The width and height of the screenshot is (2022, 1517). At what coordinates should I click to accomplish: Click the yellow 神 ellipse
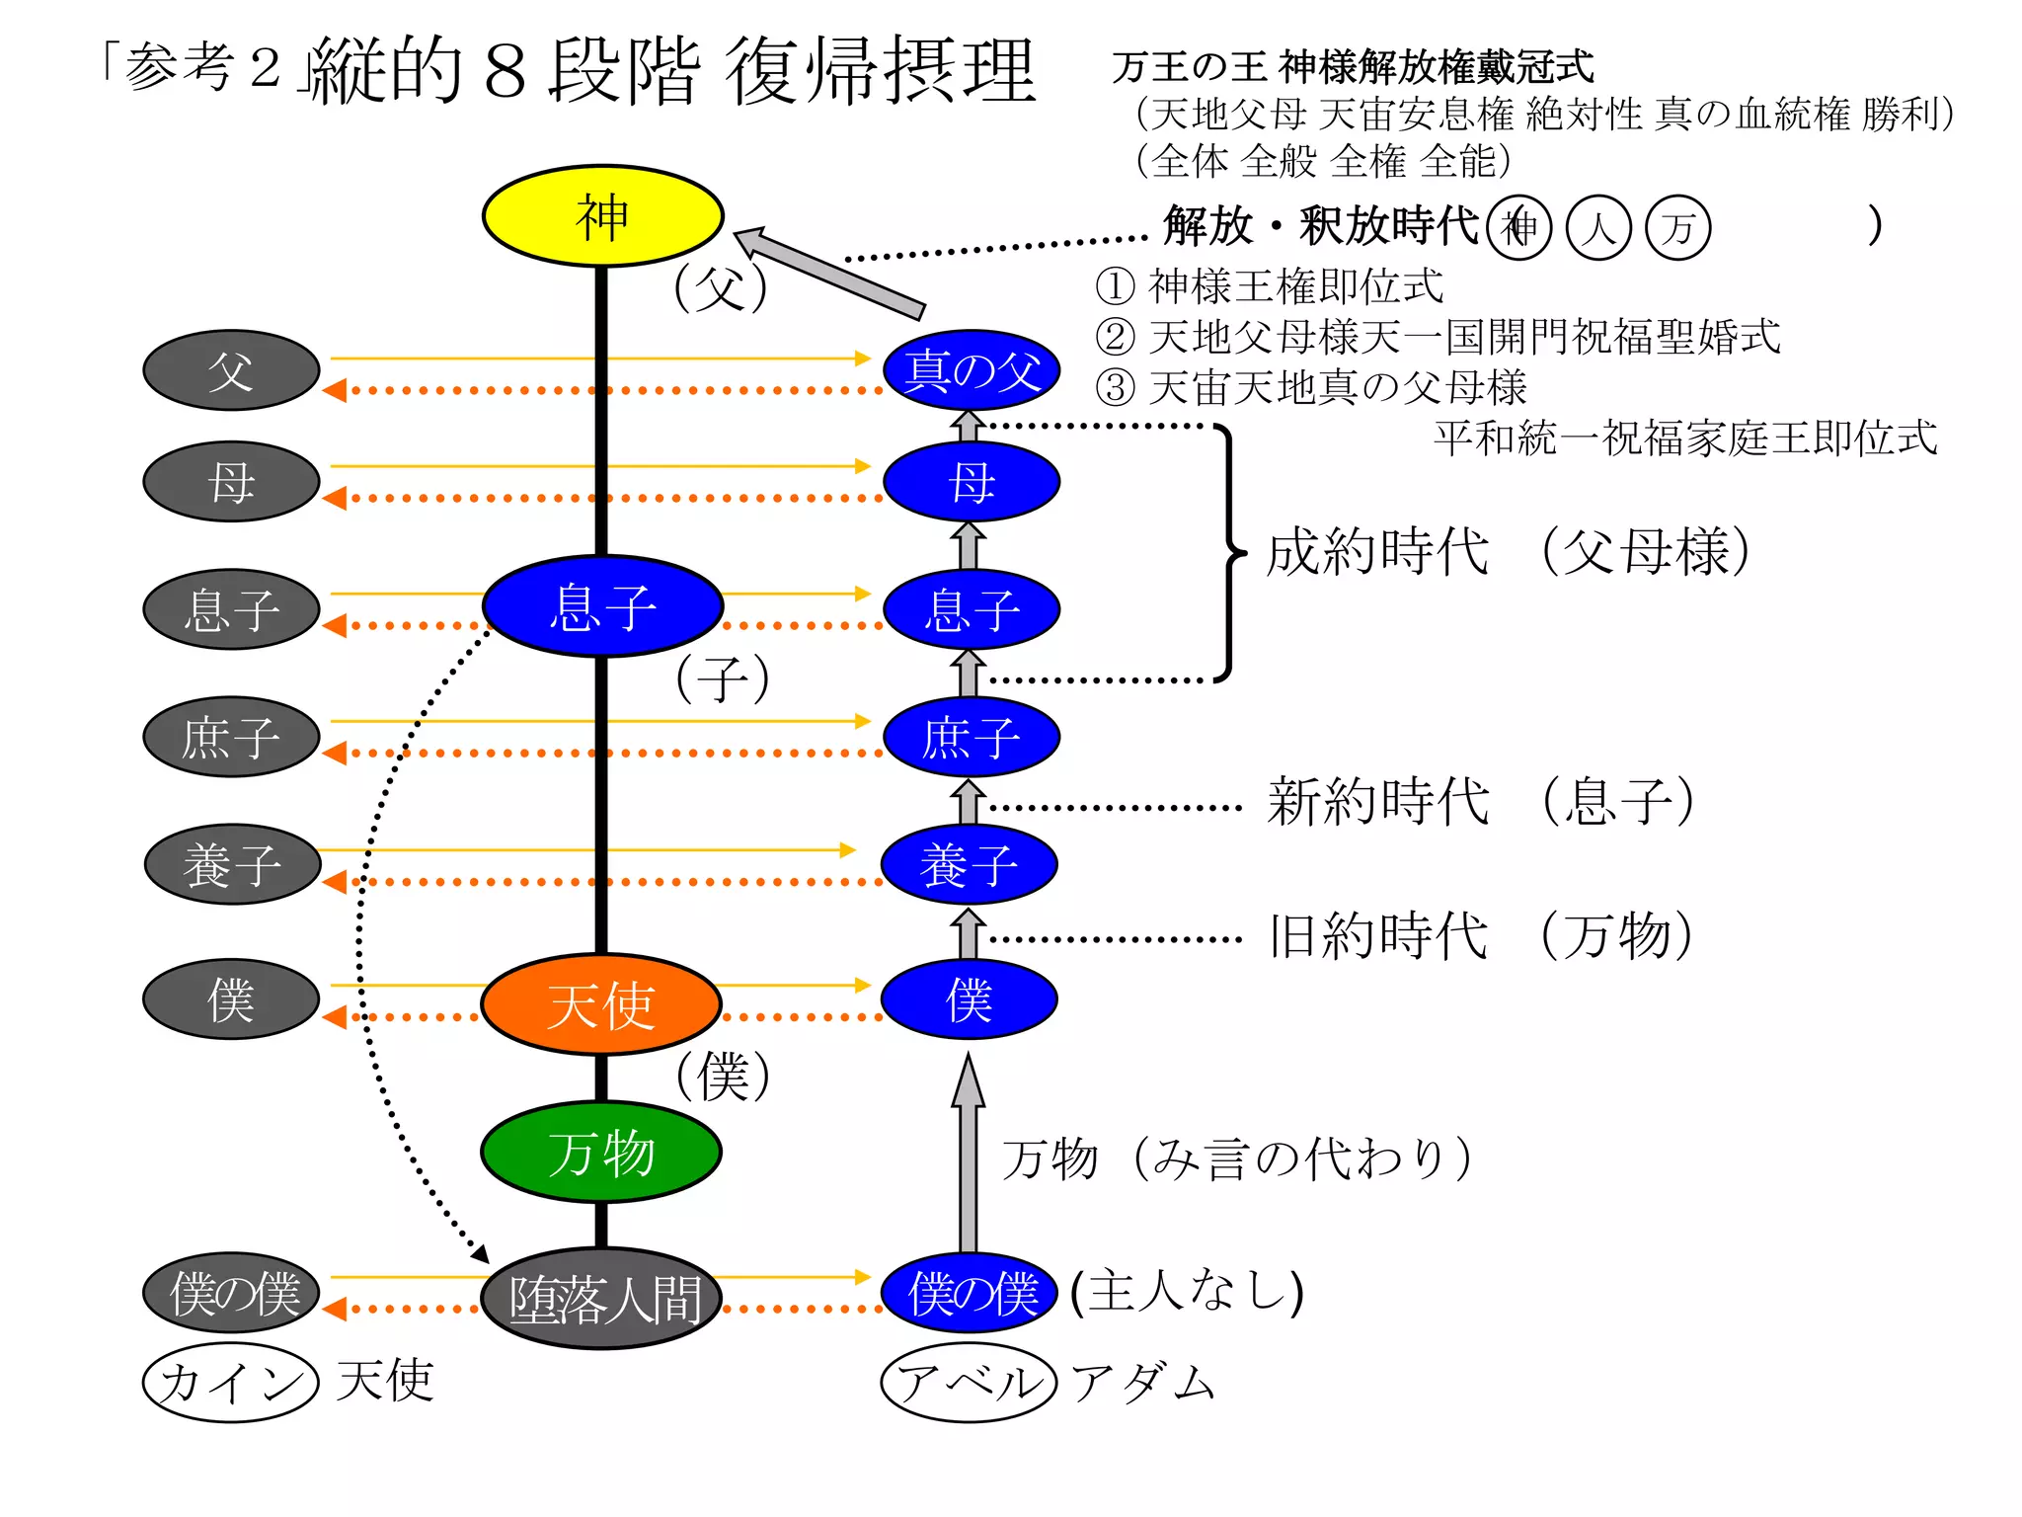tap(602, 216)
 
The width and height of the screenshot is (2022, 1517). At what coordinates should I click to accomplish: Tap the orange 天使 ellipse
tap(601, 1004)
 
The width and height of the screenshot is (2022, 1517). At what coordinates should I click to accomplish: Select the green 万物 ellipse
tap(601, 1152)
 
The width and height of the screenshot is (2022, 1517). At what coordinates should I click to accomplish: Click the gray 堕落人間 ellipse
tap(601, 1298)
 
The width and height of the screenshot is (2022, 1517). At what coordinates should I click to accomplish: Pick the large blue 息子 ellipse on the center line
tap(602, 606)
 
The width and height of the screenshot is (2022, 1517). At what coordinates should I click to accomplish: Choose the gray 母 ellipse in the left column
tap(231, 482)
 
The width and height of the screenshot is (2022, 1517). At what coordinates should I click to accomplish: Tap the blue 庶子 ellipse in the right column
tap(972, 737)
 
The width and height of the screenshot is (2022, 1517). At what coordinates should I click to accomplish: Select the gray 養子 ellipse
tap(232, 864)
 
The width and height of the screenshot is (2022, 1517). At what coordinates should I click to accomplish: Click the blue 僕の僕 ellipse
tap(970, 1293)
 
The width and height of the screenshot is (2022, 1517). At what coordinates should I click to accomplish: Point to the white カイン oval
tap(231, 1382)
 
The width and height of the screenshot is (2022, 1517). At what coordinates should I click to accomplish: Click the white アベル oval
tap(969, 1382)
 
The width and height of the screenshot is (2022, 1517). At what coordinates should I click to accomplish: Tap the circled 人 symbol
tap(1597, 228)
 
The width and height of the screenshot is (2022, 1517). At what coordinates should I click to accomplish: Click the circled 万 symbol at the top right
tap(1677, 228)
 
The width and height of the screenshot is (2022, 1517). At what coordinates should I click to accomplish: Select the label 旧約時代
tap(1378, 936)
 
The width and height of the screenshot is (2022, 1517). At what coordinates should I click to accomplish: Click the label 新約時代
tap(1378, 801)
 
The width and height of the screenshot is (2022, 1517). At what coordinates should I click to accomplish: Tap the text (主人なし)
tap(1188, 1291)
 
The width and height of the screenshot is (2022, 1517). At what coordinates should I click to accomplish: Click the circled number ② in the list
tap(1115, 337)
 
